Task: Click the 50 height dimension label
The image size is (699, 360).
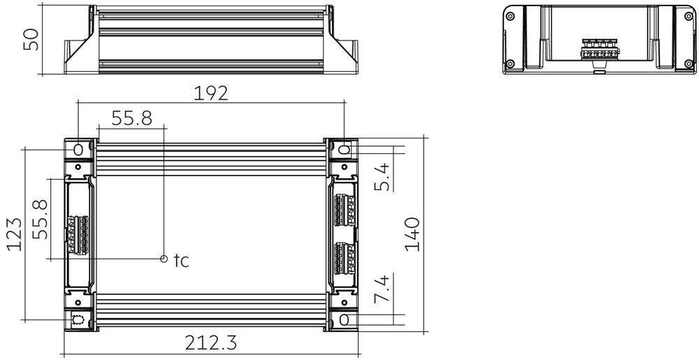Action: tap(31, 40)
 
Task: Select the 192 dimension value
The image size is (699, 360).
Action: tap(210, 93)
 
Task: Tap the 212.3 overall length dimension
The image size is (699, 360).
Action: tap(211, 343)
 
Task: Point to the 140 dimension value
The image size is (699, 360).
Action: tap(412, 234)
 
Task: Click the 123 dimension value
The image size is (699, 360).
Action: tap(14, 234)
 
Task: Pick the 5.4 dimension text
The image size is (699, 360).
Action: tap(382, 177)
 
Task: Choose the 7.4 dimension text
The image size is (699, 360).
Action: tap(382, 289)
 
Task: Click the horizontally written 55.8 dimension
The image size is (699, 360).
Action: tap(131, 119)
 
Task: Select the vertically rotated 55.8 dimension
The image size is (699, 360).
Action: tap(40, 219)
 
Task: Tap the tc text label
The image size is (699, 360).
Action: tap(182, 261)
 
